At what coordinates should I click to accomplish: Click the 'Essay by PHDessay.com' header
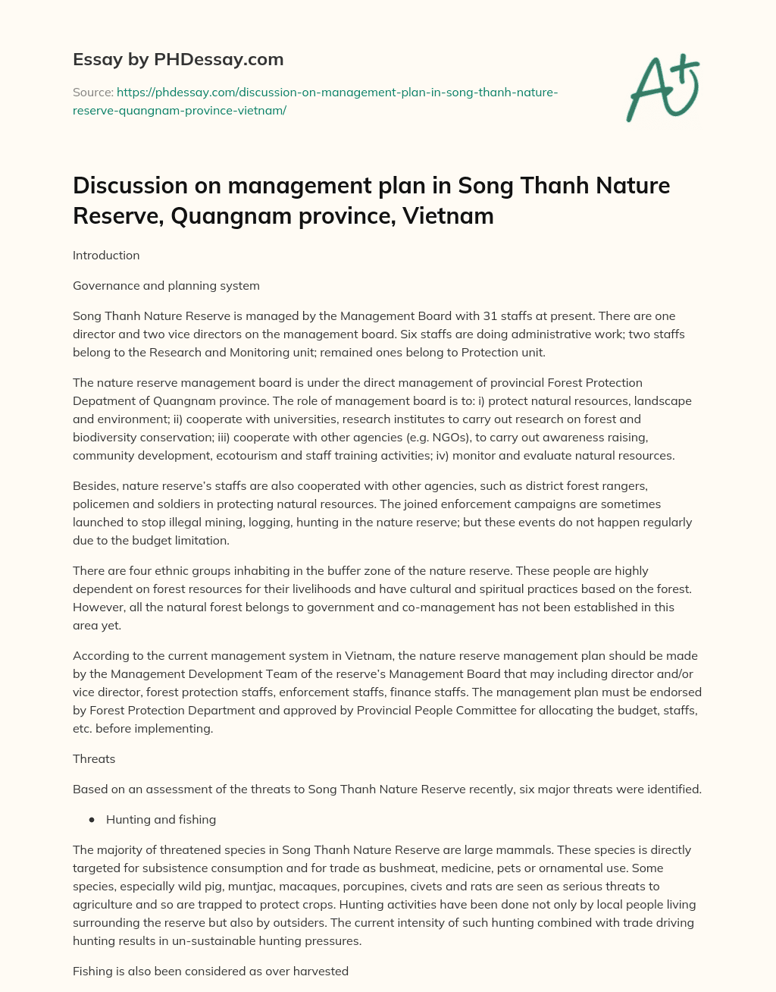pyautogui.click(x=178, y=59)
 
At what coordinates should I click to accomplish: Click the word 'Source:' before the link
pyautogui.click(x=92, y=93)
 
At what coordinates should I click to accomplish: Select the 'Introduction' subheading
pyautogui.click(x=106, y=256)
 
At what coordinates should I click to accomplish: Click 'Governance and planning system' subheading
pyautogui.click(x=166, y=286)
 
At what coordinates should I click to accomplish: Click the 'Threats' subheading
pyautogui.click(x=94, y=759)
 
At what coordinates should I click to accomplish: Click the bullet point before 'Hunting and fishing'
pyautogui.click(x=92, y=820)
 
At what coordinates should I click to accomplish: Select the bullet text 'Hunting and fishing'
pyautogui.click(x=161, y=820)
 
